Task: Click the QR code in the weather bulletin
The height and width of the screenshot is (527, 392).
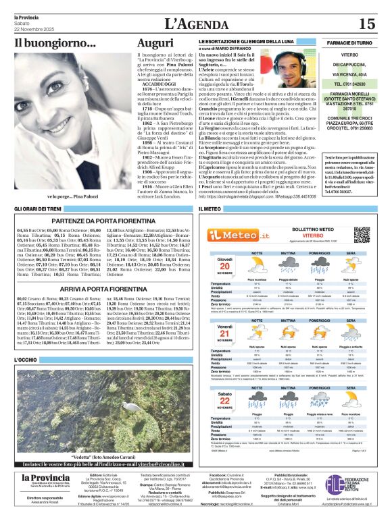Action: coord(364,235)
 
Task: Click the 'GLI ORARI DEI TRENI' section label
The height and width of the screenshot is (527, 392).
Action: coord(39,209)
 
